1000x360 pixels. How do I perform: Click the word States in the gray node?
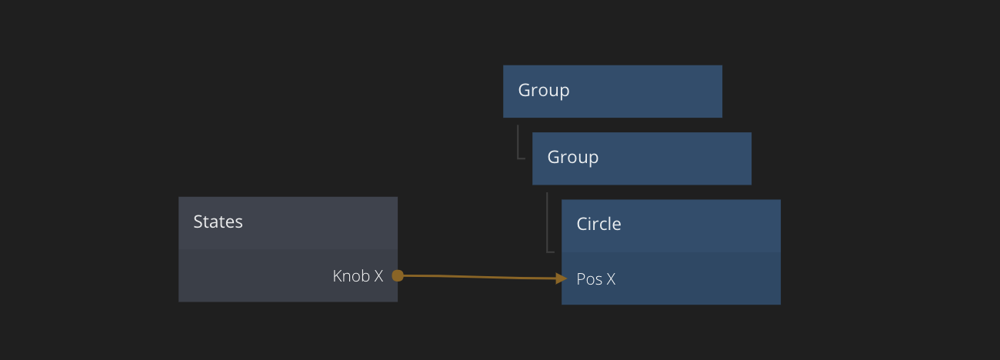[218, 222]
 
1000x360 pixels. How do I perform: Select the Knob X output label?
[358, 276]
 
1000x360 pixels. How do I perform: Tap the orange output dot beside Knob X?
[398, 275]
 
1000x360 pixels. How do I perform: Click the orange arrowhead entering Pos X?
[562, 278]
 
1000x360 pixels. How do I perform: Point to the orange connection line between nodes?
[477, 276]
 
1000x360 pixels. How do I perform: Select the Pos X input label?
[595, 279]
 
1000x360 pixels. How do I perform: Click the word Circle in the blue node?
[598, 225]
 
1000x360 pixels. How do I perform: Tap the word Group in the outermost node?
[544, 91]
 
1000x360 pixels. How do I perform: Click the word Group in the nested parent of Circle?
[573, 158]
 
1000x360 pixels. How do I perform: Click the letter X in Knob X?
[378, 276]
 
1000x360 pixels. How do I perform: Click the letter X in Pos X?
[611, 279]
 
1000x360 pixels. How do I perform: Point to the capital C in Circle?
[582, 225]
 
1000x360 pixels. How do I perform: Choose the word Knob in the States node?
[351, 276]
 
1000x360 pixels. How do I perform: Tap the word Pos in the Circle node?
[589, 279]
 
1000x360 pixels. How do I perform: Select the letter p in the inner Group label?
[594, 159]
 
